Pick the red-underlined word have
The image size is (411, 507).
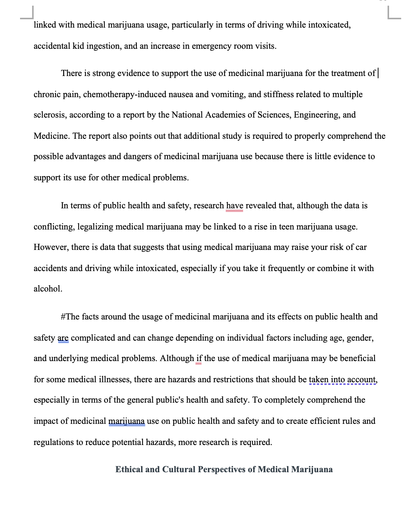234,206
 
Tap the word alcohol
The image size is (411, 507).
48,289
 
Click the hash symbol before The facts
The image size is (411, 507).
63,317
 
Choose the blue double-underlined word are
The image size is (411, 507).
63,338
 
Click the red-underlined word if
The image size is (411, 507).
199,358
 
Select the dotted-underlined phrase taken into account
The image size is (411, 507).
343,380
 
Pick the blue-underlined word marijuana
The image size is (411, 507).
126,421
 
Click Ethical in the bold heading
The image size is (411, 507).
129,470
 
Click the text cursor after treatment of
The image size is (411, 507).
378,73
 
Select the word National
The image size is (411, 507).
187,115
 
